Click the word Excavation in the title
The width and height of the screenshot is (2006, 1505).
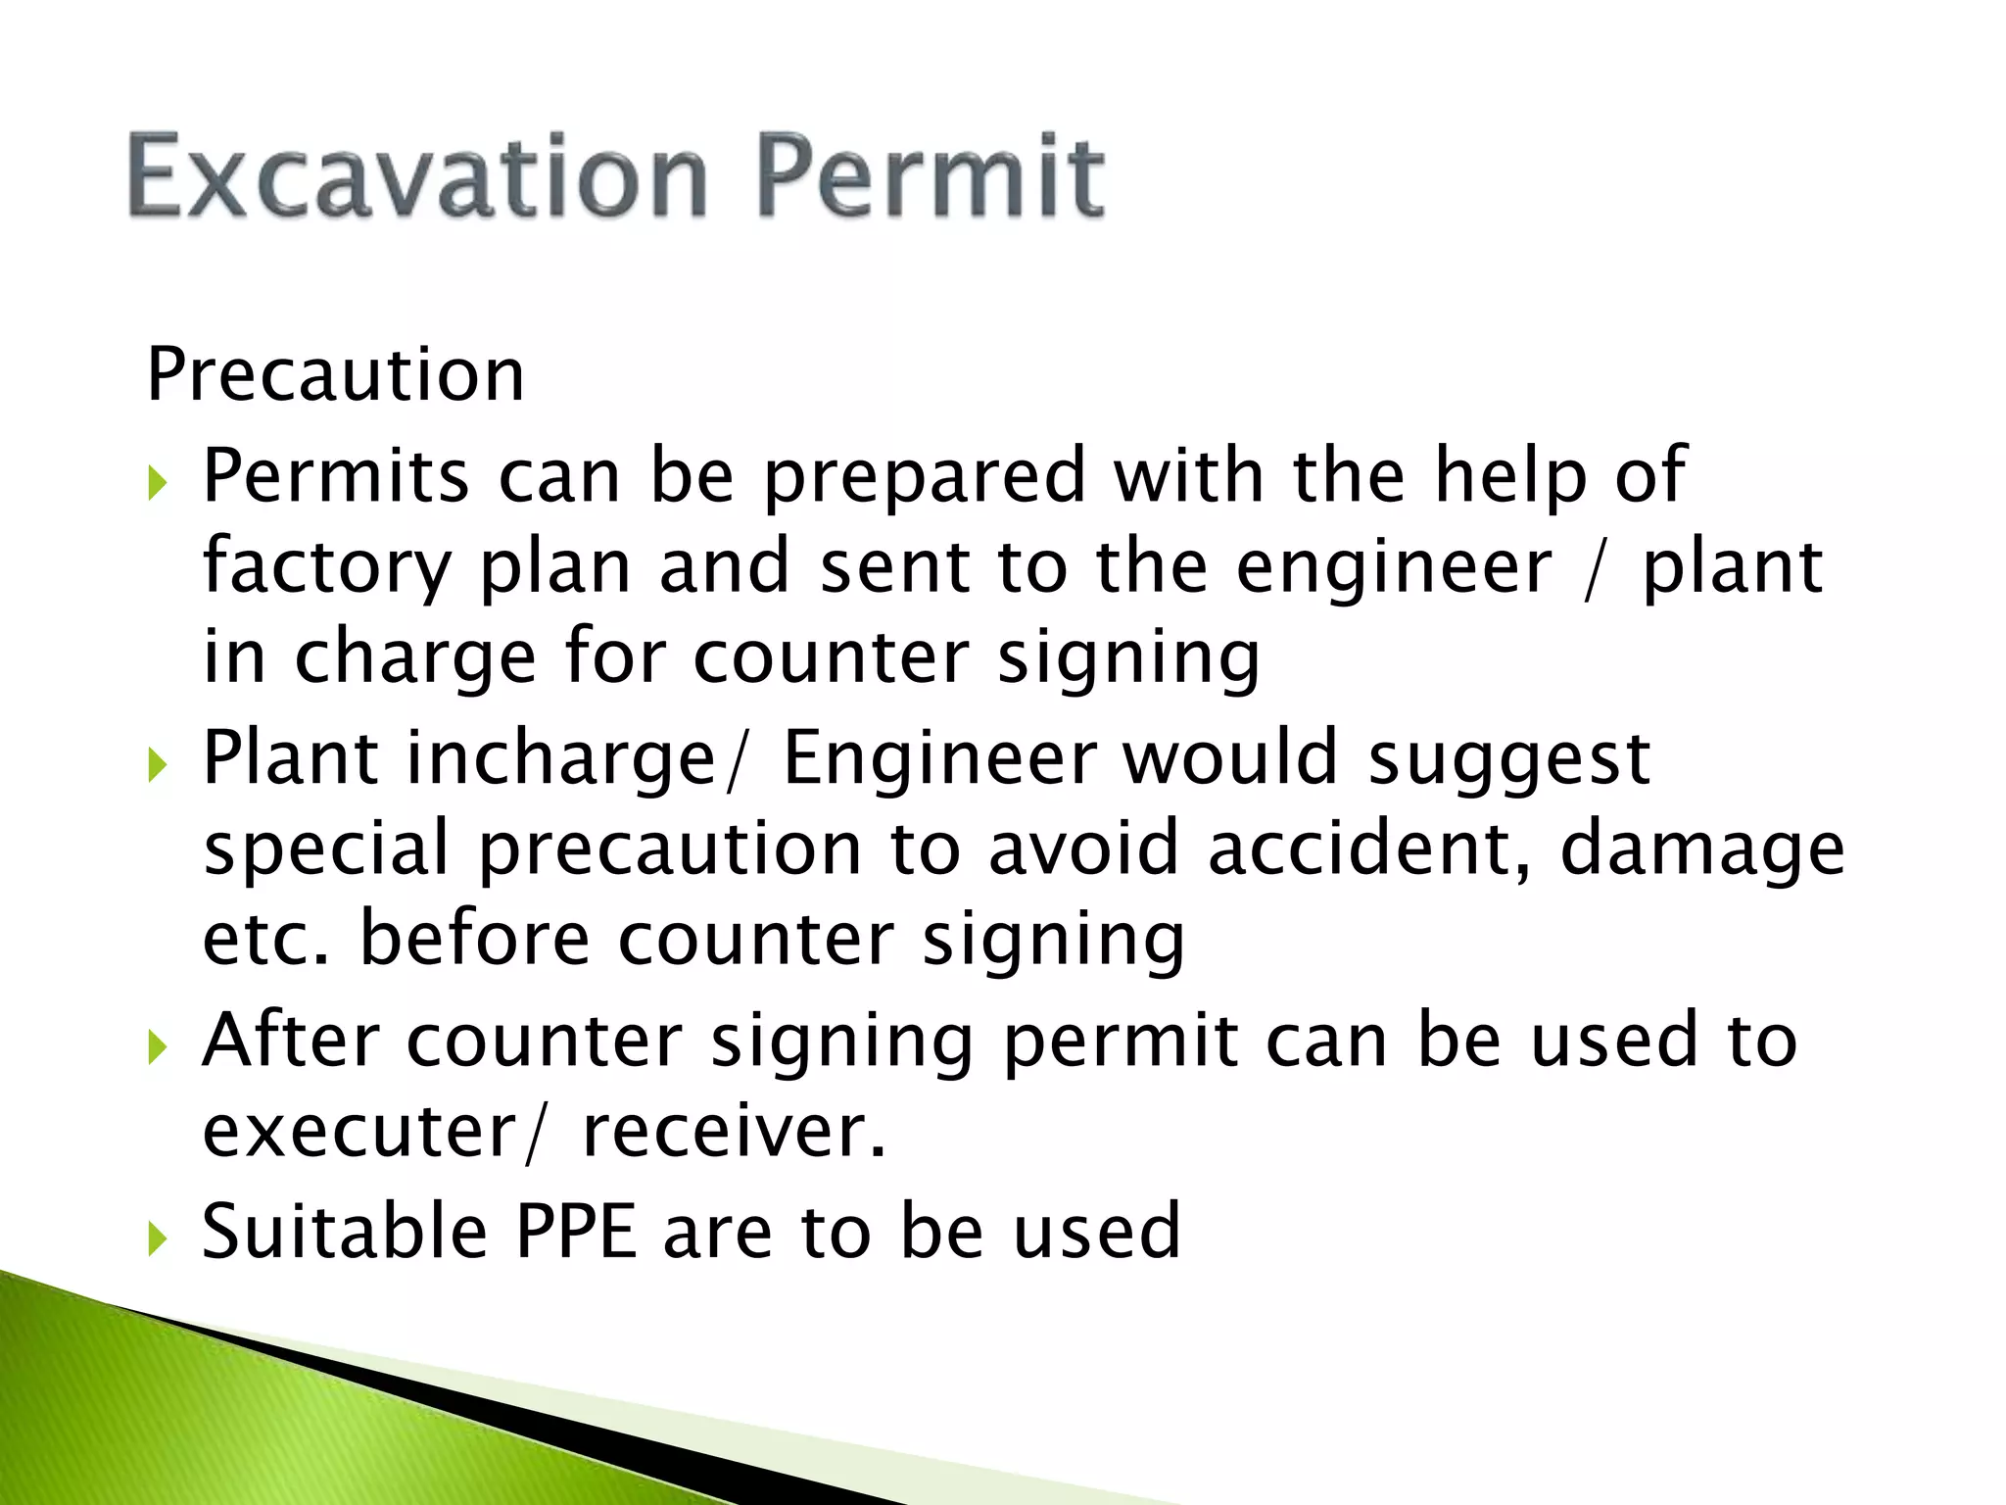417,177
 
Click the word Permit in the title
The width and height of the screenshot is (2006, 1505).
930,177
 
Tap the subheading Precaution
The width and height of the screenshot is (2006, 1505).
336,374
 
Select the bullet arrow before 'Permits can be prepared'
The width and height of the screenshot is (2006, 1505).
158,483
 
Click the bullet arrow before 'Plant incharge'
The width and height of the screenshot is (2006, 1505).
158,765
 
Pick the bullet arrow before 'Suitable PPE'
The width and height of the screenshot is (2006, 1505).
158,1238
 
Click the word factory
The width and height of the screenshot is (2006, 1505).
327,568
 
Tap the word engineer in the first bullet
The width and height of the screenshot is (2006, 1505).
1394,568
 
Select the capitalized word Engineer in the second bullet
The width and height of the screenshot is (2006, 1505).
939,758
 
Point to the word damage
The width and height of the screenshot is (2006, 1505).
1701,850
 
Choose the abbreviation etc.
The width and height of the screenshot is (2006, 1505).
266,939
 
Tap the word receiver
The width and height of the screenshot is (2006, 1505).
734,1132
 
